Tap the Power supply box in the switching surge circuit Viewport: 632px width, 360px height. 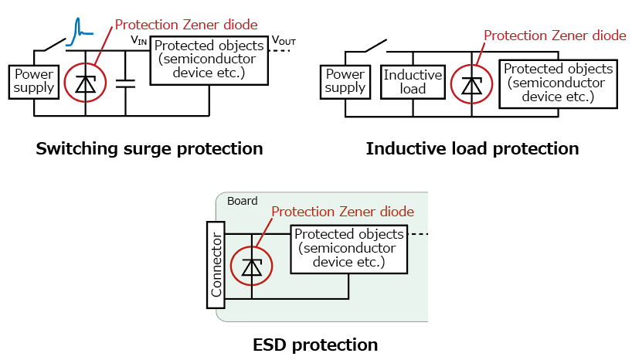34,80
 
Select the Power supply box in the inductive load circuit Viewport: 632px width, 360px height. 345,80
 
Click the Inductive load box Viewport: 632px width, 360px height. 413,80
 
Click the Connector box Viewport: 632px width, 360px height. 216,266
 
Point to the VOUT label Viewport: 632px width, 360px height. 283,39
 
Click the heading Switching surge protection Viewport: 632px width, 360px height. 149,148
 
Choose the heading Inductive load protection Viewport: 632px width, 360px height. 472,148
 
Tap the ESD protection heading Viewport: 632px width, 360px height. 315,345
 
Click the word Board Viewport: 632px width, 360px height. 243,201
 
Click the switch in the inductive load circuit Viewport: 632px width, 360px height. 376,45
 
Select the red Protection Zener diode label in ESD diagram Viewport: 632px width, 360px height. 342,212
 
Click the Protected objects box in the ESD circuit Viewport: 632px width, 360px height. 348,249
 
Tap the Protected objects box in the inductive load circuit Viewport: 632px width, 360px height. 557,82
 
